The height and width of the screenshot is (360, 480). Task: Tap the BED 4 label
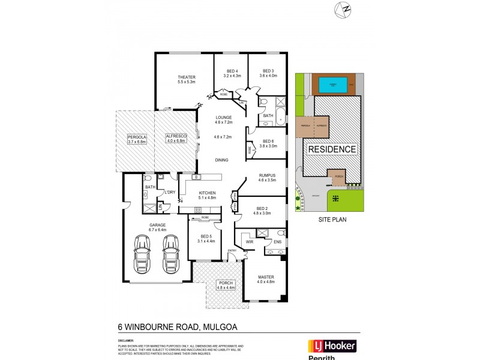click(232, 71)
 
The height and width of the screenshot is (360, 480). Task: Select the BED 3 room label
click(267, 71)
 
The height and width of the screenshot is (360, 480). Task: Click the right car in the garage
click(171, 254)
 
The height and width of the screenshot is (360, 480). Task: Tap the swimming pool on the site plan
click(331, 84)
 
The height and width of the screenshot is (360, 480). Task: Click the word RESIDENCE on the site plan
click(332, 149)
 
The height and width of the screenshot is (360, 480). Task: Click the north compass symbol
click(345, 10)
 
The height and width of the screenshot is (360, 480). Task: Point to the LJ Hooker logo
click(332, 346)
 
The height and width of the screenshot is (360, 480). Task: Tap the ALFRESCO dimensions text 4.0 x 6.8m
click(176, 142)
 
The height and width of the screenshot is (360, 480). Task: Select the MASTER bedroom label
click(265, 277)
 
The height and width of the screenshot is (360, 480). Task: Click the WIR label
click(249, 242)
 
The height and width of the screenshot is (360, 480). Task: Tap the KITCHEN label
click(207, 192)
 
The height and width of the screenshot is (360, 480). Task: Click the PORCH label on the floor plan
click(226, 284)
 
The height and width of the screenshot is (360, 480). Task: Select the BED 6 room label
click(268, 142)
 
